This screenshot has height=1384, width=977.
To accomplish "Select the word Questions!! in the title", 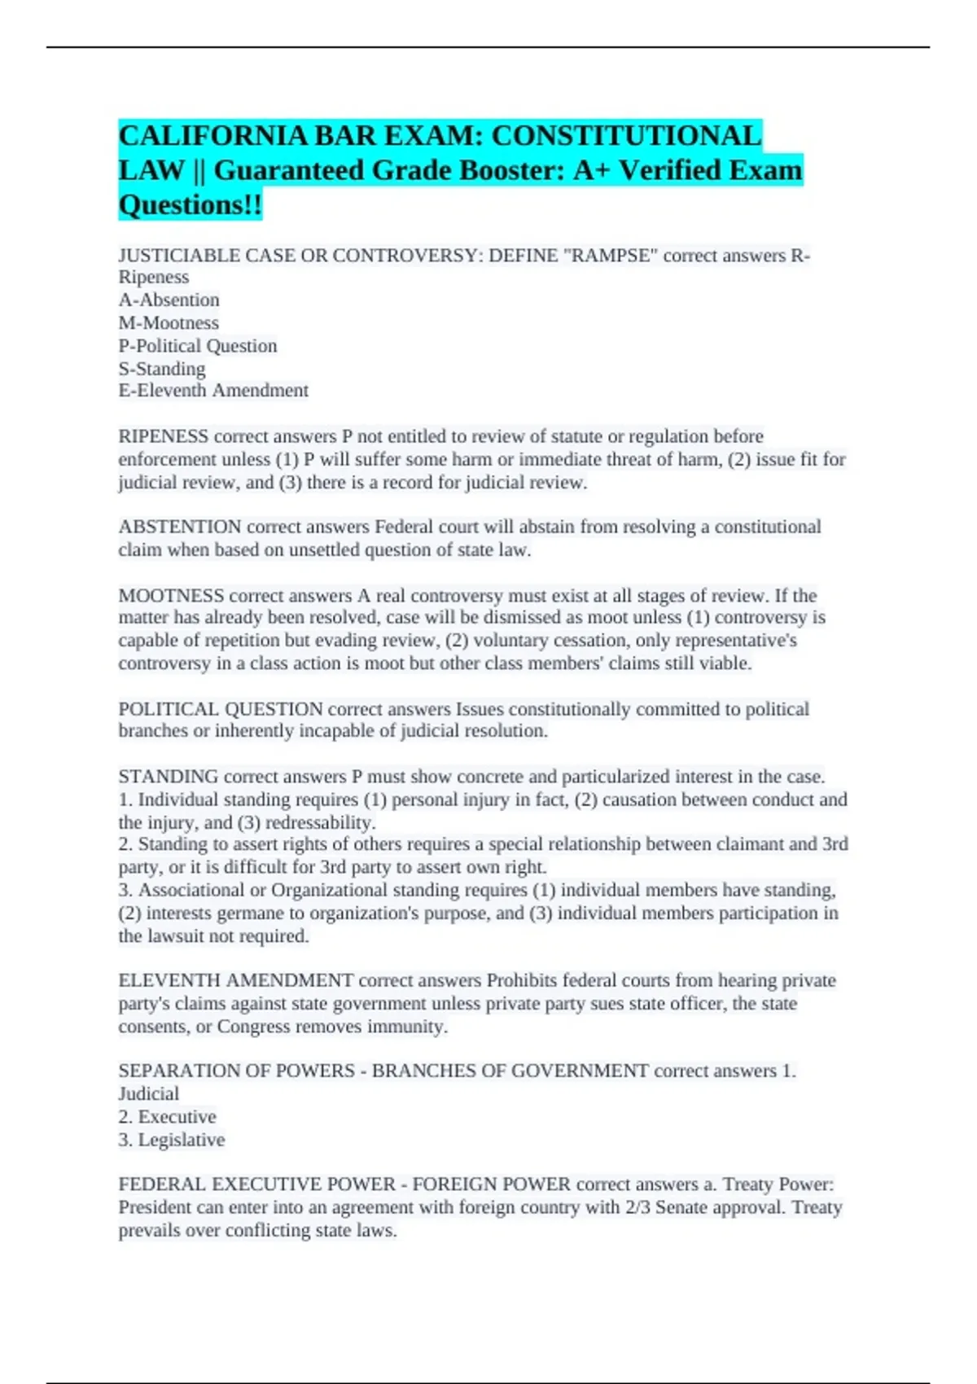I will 191,205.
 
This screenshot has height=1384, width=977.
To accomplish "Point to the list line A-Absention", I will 169,300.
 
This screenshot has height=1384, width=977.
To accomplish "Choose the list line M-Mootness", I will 169,322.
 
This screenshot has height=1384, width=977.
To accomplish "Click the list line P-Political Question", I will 198,345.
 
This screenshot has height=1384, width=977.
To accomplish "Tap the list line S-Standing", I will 162,368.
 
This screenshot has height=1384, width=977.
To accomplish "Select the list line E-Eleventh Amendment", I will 213,391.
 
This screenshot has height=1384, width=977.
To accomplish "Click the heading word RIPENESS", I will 164,436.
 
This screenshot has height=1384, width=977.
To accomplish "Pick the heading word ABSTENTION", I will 180,527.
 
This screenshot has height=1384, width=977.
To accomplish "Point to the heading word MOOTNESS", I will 171,595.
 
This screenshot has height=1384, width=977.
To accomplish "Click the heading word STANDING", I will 169,776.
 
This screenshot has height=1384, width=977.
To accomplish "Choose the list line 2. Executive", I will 167,1116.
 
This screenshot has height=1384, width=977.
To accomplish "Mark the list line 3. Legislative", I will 171,1139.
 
